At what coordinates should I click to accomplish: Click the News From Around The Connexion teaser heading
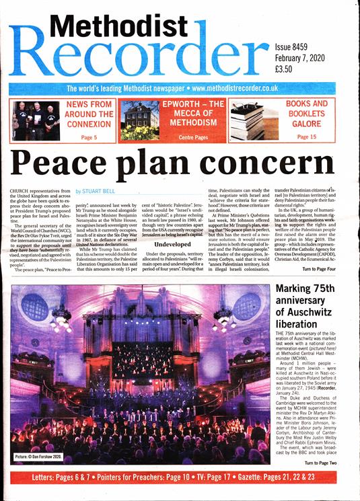[x=88, y=114]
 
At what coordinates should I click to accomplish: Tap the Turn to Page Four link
[x=326, y=268]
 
